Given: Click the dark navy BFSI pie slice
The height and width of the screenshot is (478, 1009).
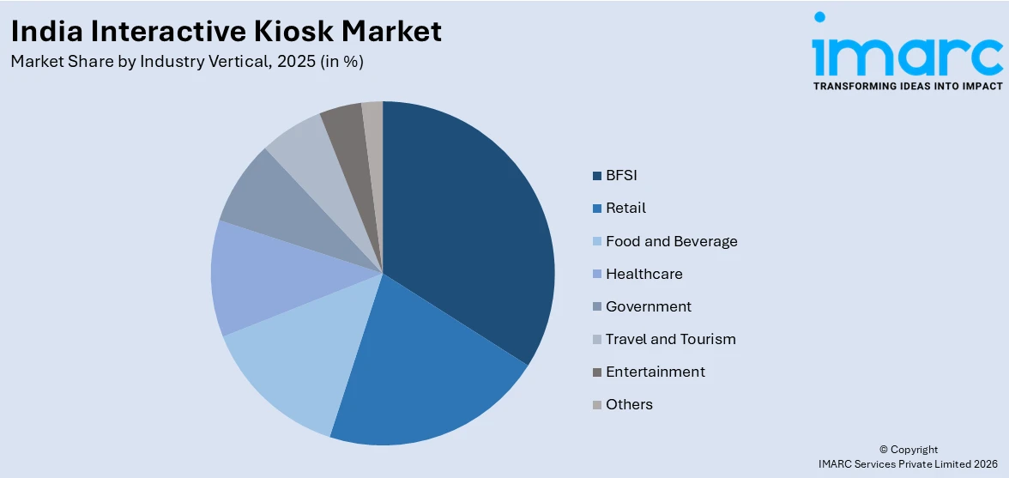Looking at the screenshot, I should [x=472, y=232].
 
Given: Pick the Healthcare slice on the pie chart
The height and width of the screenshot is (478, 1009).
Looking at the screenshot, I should [x=257, y=279].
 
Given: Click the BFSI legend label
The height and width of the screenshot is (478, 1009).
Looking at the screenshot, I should [x=621, y=176].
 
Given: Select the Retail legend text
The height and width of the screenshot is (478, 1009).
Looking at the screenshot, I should [x=625, y=209].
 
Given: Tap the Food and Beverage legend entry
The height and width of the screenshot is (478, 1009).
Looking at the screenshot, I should [x=671, y=241].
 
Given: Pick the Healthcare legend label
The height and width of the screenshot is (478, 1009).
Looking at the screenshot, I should [x=643, y=274].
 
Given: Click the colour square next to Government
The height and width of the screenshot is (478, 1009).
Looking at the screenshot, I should [x=596, y=307].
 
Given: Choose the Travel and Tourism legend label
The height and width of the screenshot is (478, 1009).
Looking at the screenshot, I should [x=670, y=339].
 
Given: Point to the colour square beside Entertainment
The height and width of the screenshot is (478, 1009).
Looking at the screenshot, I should [x=596, y=372].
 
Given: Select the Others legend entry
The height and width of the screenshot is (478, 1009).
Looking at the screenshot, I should [x=629, y=404].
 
